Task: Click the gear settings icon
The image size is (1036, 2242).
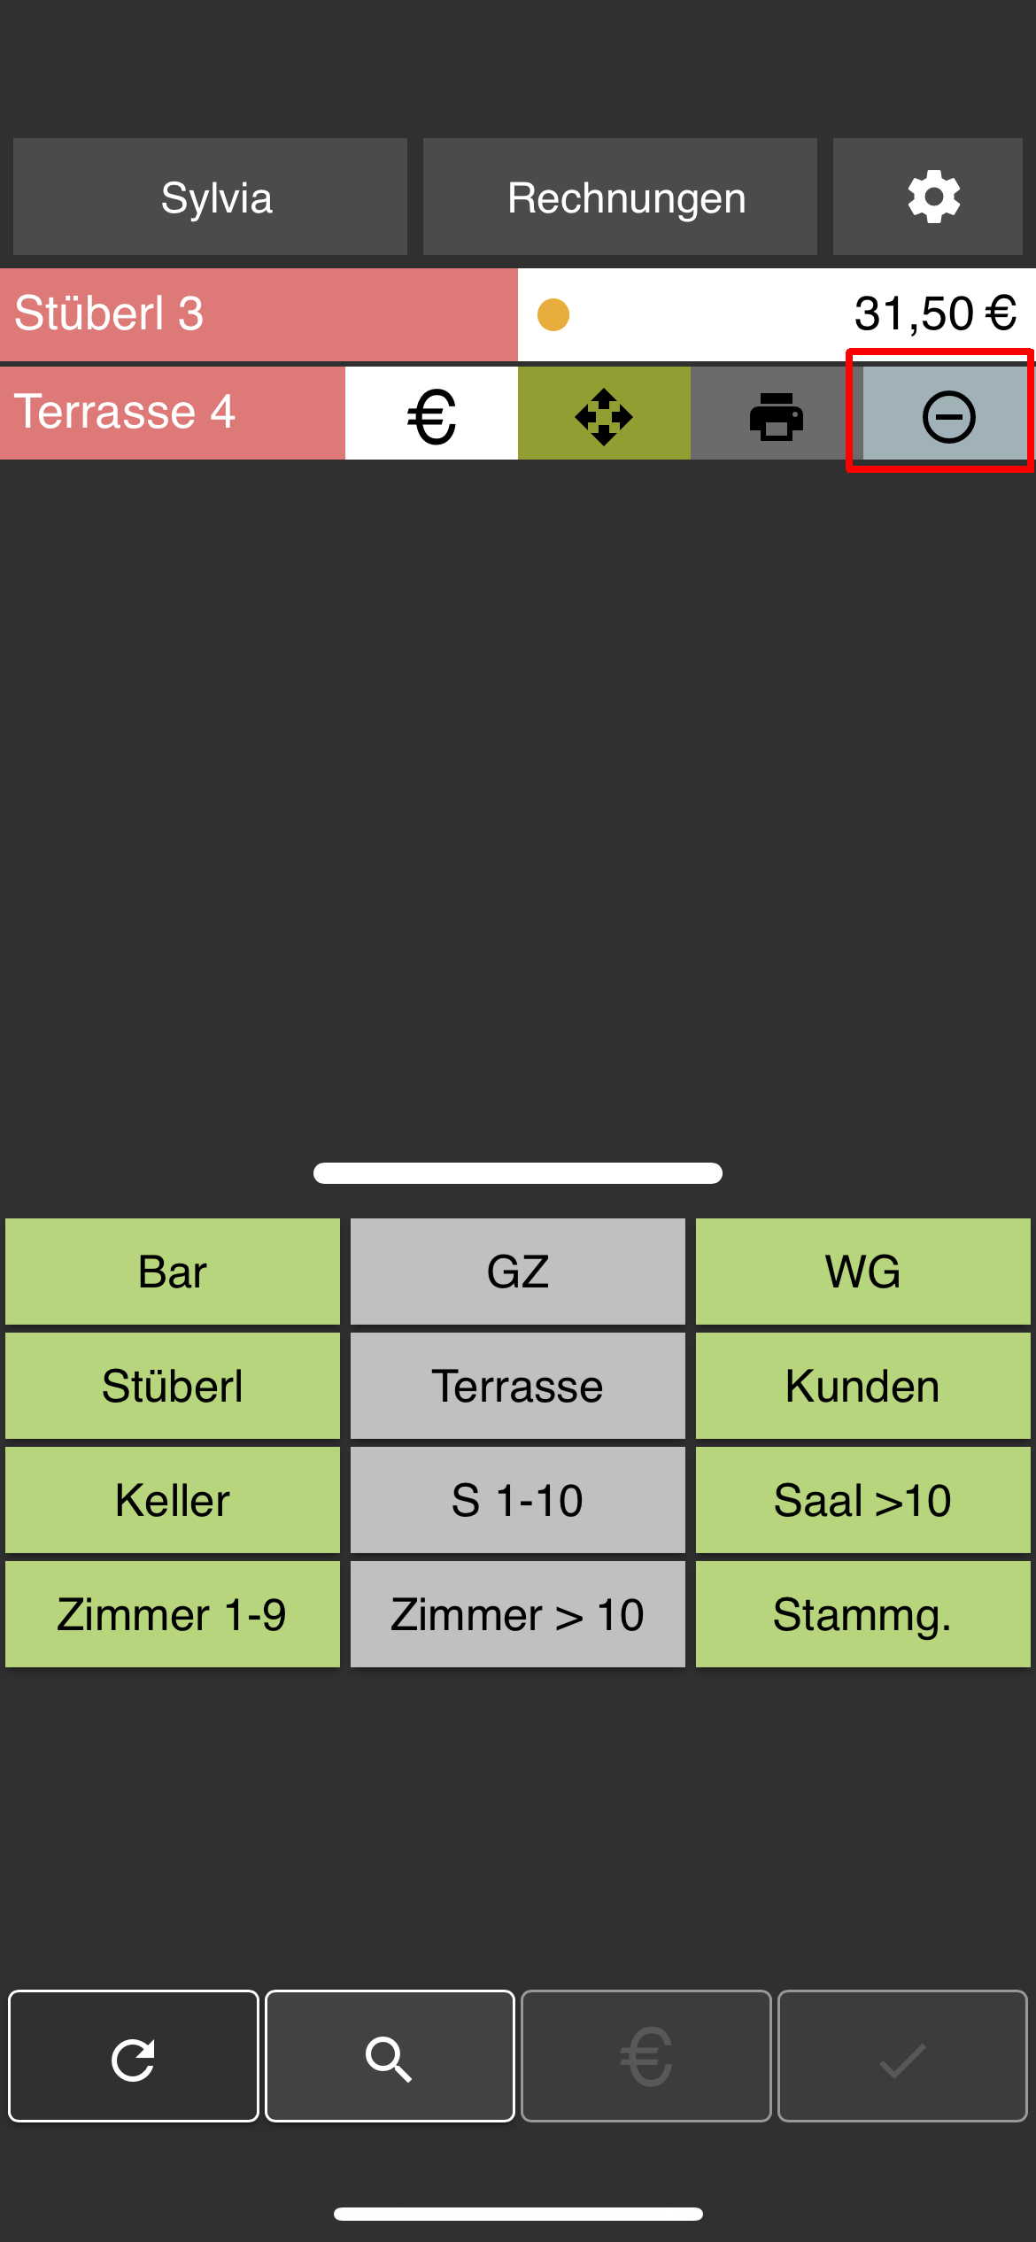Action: pos(933,197)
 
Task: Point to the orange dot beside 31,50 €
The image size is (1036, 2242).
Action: pos(553,314)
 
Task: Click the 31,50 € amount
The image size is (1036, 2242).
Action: pos(935,313)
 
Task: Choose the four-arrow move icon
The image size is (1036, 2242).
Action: pos(604,416)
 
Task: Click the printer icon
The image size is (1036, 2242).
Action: pos(777,416)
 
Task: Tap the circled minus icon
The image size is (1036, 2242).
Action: pos(948,416)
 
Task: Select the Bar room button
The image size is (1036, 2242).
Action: pos(173,1272)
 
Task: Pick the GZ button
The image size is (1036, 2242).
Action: pos(518,1272)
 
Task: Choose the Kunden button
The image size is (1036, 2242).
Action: pos(862,1386)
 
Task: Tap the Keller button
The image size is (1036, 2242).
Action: pos(173,1500)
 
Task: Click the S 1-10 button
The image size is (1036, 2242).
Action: pos(518,1500)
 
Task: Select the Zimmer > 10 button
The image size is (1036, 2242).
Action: pos(518,1614)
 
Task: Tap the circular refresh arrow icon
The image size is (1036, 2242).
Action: pos(134,2056)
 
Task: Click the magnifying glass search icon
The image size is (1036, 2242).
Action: pos(390,2056)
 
